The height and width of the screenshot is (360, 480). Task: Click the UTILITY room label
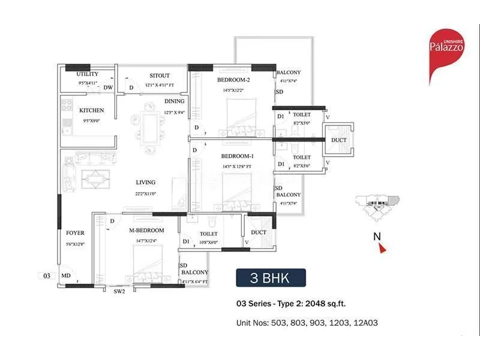(x=88, y=74)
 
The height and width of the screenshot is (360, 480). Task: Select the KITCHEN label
(x=91, y=110)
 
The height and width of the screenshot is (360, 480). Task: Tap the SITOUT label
(x=159, y=76)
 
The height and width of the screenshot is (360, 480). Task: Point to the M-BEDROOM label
(x=146, y=230)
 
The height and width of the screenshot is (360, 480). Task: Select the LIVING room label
(x=145, y=182)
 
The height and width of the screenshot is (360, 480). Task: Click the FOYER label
(x=75, y=233)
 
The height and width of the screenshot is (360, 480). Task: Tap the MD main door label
(x=65, y=276)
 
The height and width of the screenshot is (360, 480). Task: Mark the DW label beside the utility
(x=108, y=88)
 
